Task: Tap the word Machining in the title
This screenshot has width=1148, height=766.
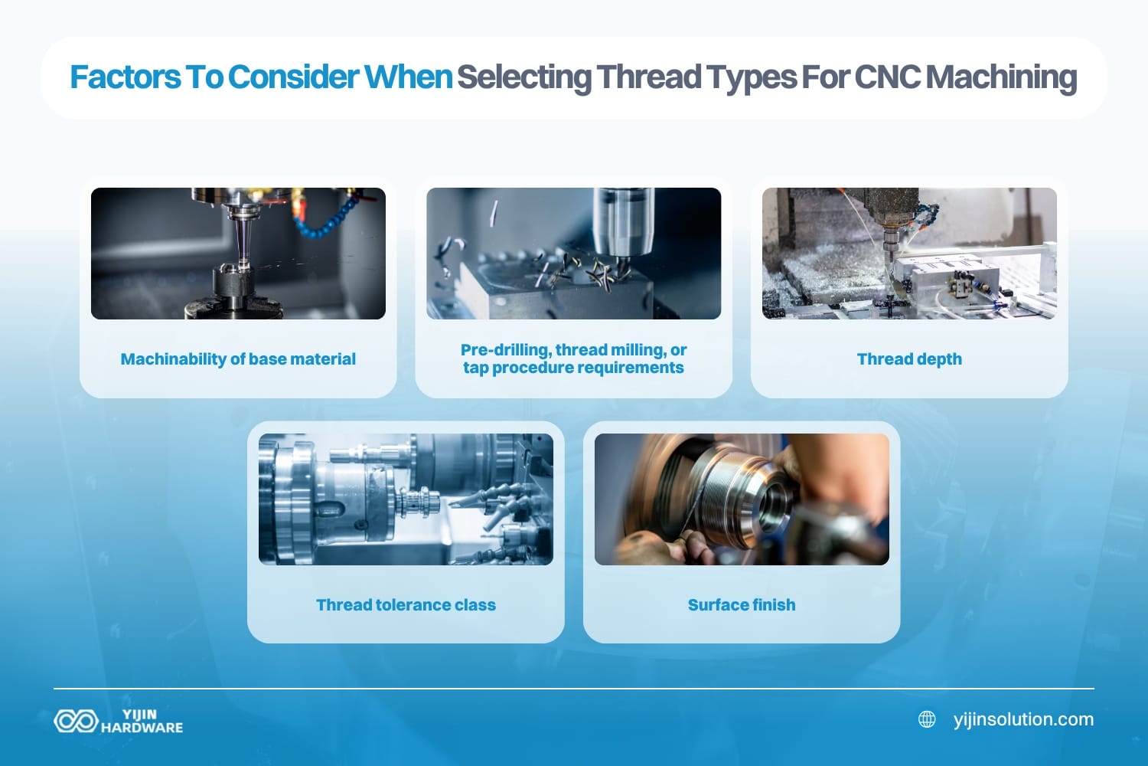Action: point(1002,77)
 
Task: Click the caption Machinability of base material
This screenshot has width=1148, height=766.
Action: point(238,359)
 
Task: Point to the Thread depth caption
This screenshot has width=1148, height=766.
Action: point(909,359)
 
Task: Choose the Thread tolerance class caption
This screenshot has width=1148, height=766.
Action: point(406,605)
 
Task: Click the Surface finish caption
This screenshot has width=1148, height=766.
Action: point(742,605)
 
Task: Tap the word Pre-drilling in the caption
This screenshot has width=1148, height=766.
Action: point(505,350)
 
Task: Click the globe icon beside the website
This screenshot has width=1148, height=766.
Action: point(927,719)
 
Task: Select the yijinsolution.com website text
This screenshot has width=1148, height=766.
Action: point(1023,719)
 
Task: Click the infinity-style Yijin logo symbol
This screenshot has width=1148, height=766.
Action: point(75,721)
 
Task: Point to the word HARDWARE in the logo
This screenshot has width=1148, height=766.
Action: point(142,728)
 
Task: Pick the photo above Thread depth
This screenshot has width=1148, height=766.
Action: point(909,254)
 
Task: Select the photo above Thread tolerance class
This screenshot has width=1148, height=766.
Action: point(406,499)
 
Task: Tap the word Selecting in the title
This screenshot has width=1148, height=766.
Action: point(524,77)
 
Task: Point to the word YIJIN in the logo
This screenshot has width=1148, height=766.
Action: point(139,714)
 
